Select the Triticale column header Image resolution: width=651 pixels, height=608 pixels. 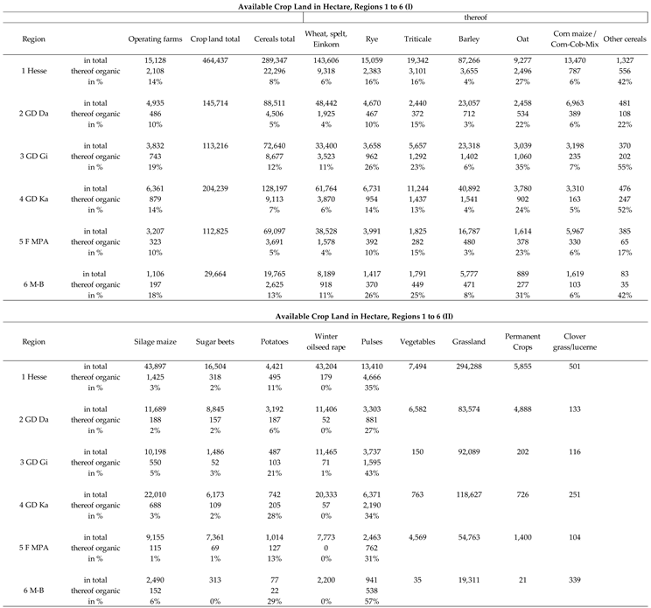[x=417, y=39]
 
